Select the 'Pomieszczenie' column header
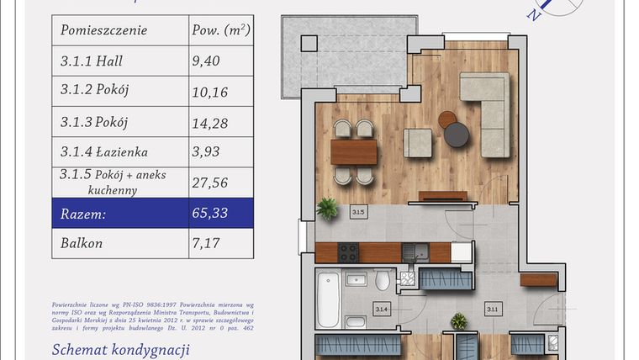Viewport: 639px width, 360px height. click(103, 30)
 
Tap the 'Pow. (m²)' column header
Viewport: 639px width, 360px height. click(219, 30)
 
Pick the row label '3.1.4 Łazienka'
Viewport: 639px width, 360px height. click(104, 152)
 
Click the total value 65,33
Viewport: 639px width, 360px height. click(211, 214)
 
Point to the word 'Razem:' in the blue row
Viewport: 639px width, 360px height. click(83, 214)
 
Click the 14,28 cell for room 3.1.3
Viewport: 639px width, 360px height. click(211, 122)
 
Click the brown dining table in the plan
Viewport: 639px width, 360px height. click(354, 151)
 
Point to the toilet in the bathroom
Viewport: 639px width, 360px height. click(383, 280)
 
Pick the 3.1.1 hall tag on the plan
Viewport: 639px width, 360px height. click(492, 310)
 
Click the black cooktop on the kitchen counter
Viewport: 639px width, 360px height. click(346, 251)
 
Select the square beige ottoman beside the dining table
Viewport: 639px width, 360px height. click(418, 142)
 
